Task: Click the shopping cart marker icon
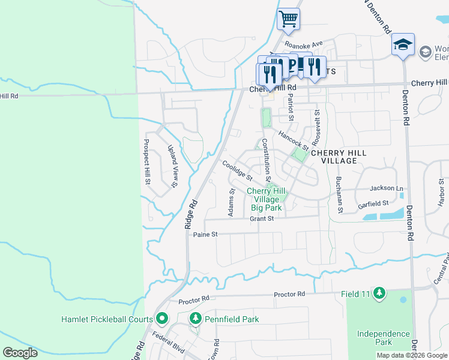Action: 288,19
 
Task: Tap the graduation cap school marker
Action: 403,44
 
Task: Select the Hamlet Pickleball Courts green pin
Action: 161,319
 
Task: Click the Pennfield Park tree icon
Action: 194,319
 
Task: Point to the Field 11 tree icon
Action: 379,293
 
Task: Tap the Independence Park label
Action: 383,338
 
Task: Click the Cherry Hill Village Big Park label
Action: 266,200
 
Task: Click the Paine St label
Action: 205,234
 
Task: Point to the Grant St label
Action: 262,219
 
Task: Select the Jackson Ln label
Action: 386,188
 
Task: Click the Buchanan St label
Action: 339,195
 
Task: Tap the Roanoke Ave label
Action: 304,44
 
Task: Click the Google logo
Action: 20,352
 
